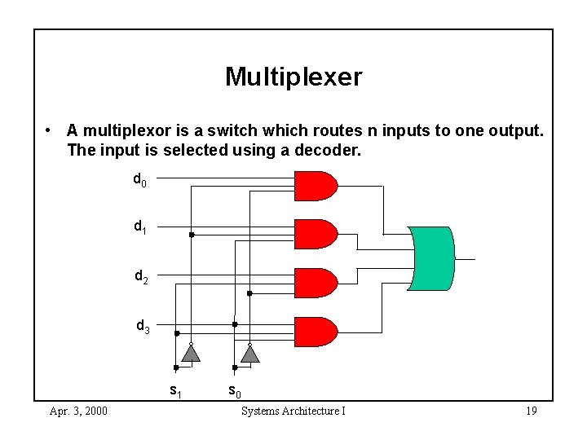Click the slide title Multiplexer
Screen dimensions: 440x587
pyautogui.click(x=293, y=77)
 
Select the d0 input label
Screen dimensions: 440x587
pyautogui.click(x=140, y=178)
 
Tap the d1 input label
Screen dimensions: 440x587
pyautogui.click(x=140, y=227)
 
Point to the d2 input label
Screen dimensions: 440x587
pyautogui.click(x=141, y=277)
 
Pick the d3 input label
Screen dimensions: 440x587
pyautogui.click(x=143, y=328)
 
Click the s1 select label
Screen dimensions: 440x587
pyautogui.click(x=175, y=390)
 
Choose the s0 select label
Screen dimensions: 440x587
pyautogui.click(x=234, y=391)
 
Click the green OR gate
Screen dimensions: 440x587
pyautogui.click(x=433, y=258)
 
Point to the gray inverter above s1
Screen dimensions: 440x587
pyautogui.click(x=190, y=353)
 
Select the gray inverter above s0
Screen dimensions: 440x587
pyautogui.click(x=249, y=353)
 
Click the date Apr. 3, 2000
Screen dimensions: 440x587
pyautogui.click(x=77, y=411)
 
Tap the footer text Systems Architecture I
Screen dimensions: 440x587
pyautogui.click(x=293, y=411)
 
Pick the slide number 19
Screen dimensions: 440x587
pyautogui.click(x=531, y=411)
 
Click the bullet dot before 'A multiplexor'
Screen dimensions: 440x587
pyautogui.click(x=51, y=130)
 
